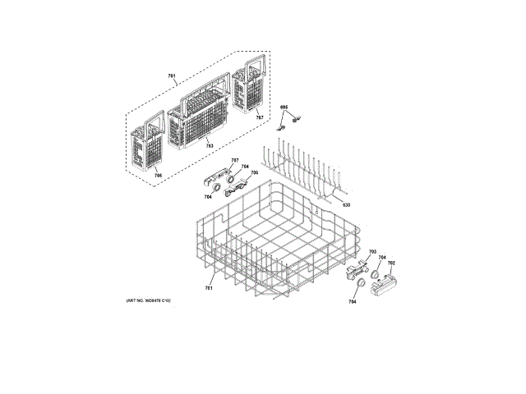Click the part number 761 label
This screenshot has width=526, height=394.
[x=172, y=76]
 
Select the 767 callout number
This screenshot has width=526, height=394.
[x=260, y=118]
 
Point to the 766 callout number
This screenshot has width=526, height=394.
[x=158, y=173]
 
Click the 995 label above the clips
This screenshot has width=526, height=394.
[x=284, y=108]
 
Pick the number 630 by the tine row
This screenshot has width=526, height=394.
[x=346, y=204]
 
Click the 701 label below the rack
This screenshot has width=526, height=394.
[x=209, y=288]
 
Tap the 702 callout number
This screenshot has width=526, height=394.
[x=391, y=263]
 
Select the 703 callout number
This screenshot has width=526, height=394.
[x=371, y=251]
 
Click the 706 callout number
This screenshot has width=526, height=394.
[x=254, y=173]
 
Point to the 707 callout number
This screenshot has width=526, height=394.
[x=234, y=159]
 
